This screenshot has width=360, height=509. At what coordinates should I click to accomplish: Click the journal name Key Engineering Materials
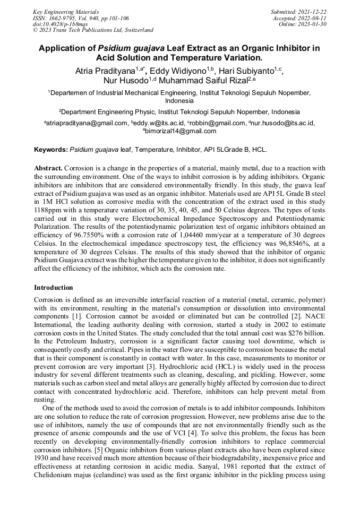pos(65,11)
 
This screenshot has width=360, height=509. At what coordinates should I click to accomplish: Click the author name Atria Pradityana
pos(105,70)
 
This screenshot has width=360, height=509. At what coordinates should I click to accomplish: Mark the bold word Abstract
pos(48,168)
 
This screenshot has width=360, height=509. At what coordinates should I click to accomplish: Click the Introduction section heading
pos(54,288)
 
